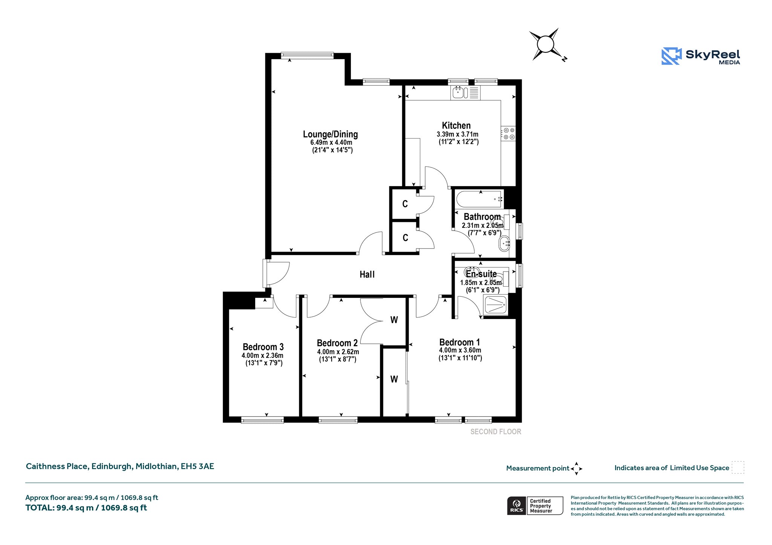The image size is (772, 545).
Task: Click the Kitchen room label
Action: (456, 125)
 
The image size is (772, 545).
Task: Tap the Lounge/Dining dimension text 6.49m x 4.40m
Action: (331, 142)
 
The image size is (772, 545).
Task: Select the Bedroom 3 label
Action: (263, 347)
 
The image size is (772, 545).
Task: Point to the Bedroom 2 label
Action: (337, 343)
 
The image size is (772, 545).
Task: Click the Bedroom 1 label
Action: (460, 342)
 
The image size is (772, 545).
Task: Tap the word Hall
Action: (367, 275)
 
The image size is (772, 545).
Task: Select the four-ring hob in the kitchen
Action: (508, 134)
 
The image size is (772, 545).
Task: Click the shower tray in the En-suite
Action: (496, 304)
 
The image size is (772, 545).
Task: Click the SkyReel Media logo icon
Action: (671, 56)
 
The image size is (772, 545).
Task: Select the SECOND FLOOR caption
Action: (496, 432)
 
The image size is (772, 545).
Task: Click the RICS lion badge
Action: (516, 505)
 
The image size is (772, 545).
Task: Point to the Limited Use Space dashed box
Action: (738, 467)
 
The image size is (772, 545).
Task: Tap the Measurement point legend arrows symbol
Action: (576, 469)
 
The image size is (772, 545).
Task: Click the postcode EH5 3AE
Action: (198, 466)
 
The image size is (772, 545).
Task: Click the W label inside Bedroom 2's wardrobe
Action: (394, 320)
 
